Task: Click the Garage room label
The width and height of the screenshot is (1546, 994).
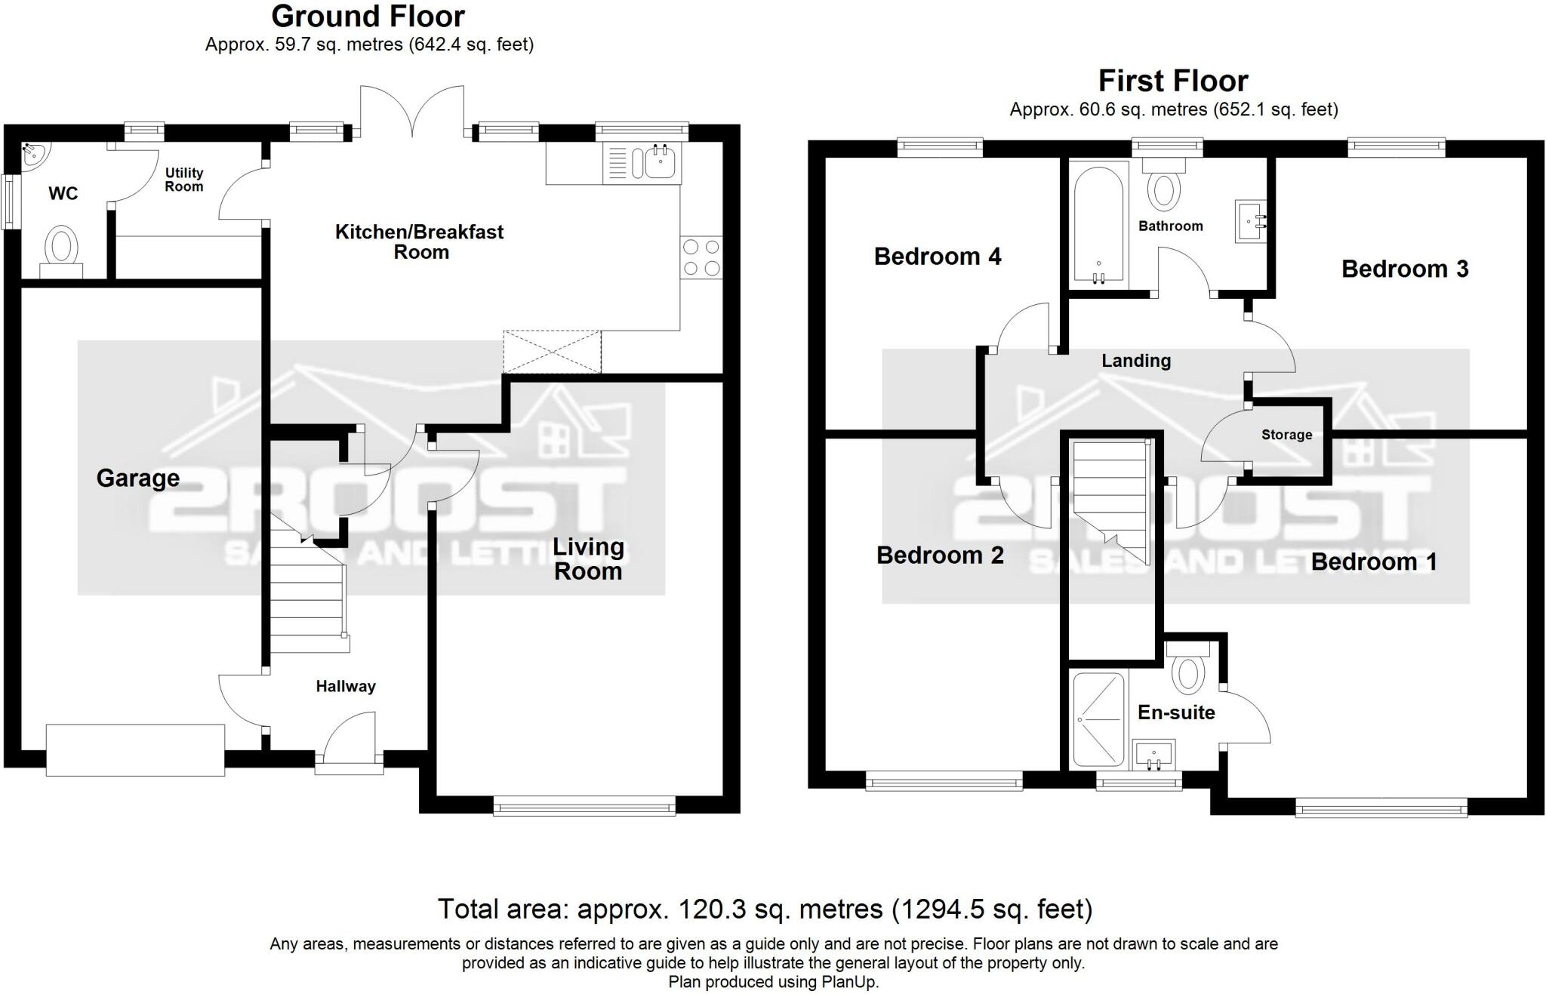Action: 138,479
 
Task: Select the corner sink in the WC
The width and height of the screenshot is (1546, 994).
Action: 32,154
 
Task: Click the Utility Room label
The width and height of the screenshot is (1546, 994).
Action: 184,180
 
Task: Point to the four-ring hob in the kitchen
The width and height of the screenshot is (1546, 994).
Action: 701,257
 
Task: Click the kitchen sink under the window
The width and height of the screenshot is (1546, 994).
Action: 642,163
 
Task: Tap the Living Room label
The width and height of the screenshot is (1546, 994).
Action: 589,559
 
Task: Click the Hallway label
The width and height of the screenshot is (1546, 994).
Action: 346,686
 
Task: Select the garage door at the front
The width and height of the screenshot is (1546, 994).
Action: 135,750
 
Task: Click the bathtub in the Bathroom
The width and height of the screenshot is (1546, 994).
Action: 1099,226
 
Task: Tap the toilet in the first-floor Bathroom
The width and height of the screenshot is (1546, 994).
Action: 1164,185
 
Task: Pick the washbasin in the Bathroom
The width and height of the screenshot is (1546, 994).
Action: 1250,221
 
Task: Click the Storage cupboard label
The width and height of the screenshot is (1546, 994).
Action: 1287,435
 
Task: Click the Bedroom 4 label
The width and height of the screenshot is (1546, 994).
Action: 938,257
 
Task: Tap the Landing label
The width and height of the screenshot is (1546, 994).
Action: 1136,361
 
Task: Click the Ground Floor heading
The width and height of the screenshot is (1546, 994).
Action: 368,16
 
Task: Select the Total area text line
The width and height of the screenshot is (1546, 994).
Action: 765,909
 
